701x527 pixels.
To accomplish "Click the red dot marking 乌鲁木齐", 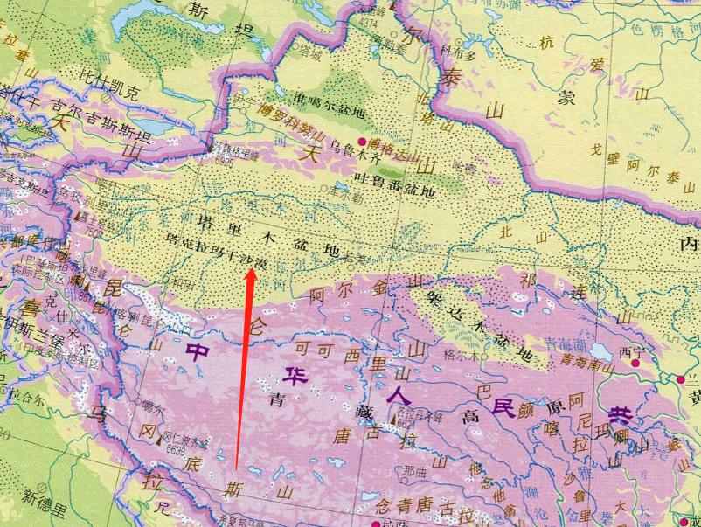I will tap(361, 141).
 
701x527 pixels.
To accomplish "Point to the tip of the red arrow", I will tap(253, 269).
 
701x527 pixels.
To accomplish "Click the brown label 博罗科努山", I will tap(289, 122).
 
